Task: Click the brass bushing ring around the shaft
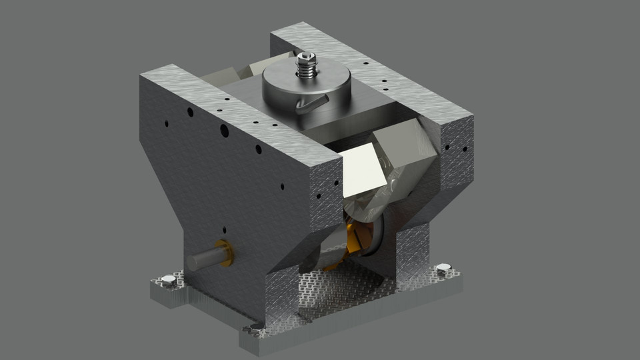click(225, 253)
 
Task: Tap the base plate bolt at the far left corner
click(167, 283)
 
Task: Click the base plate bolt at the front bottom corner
click(255, 328)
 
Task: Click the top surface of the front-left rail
click(233, 107)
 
